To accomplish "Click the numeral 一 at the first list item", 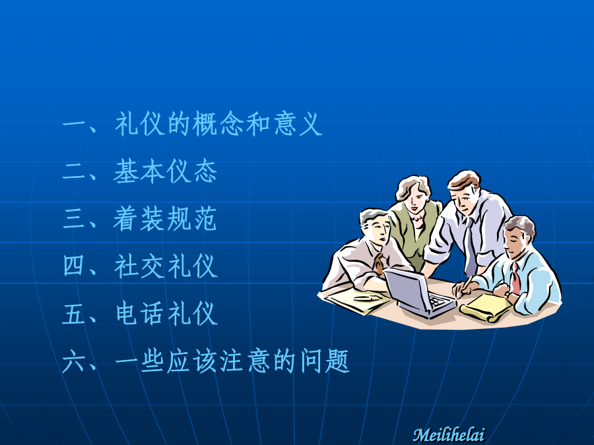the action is coord(75,125).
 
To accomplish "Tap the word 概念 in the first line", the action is coord(218,124).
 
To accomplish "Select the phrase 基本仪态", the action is coord(165,171).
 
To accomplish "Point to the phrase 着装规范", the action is coord(165,219).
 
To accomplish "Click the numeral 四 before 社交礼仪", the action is coord(74,266).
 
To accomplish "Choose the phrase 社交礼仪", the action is coord(166,266).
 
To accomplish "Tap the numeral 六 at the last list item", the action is coord(74,361).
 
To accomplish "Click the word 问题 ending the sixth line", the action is coord(325,361).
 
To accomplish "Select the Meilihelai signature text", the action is coord(449,434).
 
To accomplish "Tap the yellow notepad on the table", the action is coord(486,307).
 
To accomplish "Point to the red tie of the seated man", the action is coord(515,280).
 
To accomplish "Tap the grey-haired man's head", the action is coord(375,226).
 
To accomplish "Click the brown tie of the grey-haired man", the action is coord(378,264).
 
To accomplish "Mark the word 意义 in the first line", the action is coord(298,124).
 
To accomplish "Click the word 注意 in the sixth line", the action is coord(245,361).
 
